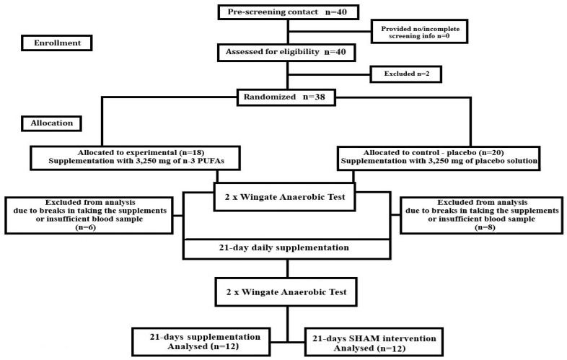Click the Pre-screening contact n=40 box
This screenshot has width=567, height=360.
click(x=289, y=12)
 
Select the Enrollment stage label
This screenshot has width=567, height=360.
click(x=57, y=43)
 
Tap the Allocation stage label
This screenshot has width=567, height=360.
click(x=51, y=123)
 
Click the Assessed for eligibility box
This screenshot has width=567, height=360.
click(x=286, y=52)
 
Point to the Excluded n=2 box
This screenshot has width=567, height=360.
click(x=406, y=74)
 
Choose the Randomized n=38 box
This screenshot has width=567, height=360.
click(x=286, y=97)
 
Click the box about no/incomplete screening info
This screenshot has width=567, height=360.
click(x=420, y=32)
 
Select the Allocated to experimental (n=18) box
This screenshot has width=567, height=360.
click(x=135, y=158)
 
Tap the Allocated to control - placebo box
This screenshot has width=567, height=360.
click(x=439, y=158)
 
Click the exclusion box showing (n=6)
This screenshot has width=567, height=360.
click(x=89, y=215)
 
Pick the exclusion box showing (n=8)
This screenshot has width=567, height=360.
click(x=482, y=215)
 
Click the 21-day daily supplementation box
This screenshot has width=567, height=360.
click(x=287, y=249)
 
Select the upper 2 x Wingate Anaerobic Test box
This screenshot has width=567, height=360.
click(x=285, y=197)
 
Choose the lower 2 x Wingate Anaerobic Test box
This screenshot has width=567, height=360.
click(x=286, y=292)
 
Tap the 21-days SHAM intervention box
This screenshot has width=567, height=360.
click(x=374, y=342)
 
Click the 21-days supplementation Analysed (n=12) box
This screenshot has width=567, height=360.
click(x=201, y=341)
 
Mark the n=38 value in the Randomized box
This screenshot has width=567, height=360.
click(x=314, y=97)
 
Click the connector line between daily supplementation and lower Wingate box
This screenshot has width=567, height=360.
click(x=288, y=268)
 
